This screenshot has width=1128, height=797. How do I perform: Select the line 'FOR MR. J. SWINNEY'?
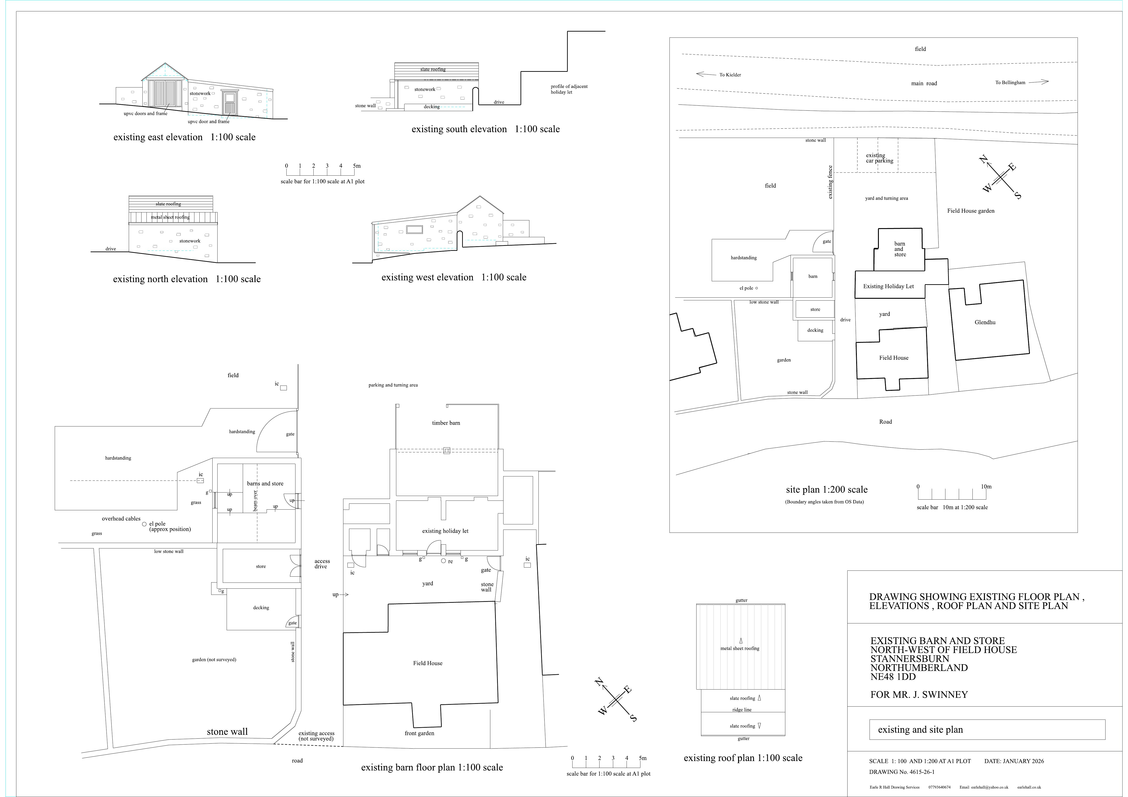pos(919,695)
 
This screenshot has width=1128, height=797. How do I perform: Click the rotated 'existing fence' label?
pos(830,182)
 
